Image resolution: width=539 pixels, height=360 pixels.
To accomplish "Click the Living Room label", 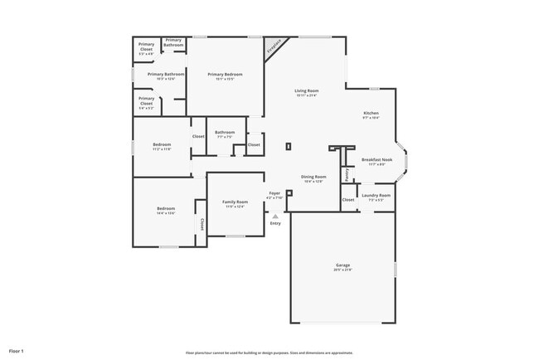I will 306,90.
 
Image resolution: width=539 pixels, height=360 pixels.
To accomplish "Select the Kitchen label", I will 371,113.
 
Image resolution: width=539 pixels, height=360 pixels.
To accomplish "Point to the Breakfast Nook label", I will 376,158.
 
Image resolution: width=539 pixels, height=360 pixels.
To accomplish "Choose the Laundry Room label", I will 376,196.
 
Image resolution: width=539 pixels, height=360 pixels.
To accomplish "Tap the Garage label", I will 342,265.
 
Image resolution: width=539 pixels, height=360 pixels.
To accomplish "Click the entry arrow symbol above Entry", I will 275,216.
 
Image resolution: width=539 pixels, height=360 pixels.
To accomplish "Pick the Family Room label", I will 235,202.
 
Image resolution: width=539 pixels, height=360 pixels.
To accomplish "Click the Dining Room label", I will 313,177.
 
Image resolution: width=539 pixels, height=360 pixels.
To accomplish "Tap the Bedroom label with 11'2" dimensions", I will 162,144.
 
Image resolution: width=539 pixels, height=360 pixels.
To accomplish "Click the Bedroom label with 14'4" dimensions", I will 166,208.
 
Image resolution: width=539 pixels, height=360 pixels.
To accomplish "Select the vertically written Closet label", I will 202,223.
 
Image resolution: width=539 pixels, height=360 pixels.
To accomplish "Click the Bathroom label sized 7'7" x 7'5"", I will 225,133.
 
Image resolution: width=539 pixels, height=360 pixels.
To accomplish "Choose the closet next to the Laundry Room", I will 347,199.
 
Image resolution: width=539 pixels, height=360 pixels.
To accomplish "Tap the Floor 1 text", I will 17,352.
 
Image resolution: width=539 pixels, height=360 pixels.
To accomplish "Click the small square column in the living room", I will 289,147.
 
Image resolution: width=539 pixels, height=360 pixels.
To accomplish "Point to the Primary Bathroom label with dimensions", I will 166,74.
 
